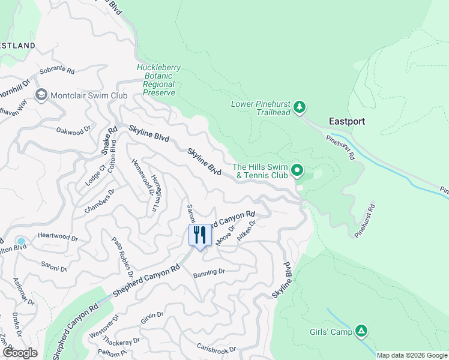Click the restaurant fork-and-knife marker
pos(200,234)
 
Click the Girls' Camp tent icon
pos(361,331)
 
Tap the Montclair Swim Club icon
pos(41,95)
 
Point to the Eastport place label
pos(346,121)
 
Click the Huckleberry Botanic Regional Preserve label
pos(155,80)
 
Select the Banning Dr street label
pos(208,272)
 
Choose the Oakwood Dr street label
pos(73,130)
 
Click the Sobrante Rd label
pos(56,71)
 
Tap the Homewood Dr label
pos(142,177)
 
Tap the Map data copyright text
pos(411,355)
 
